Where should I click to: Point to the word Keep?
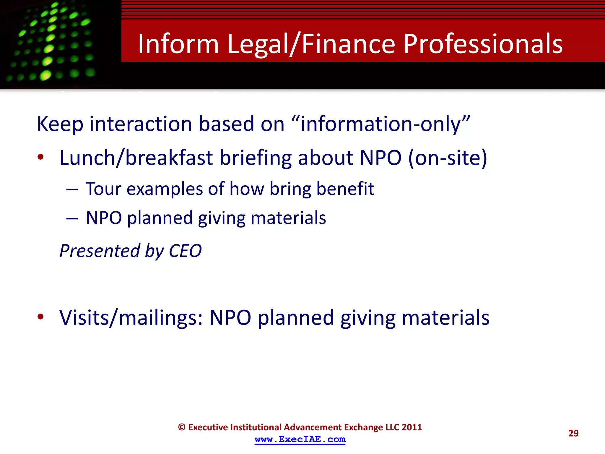pos(60,124)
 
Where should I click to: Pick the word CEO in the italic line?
pos(185,251)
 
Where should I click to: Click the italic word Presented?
pos(99,251)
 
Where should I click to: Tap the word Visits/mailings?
pos(131,318)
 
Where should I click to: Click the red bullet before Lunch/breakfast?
pos(40,157)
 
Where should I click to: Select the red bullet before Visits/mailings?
pos(40,317)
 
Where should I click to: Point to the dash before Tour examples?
pos(72,189)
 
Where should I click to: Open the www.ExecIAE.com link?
pos(300,440)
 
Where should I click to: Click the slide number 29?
pos(573,433)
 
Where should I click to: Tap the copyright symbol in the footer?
pos(182,427)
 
